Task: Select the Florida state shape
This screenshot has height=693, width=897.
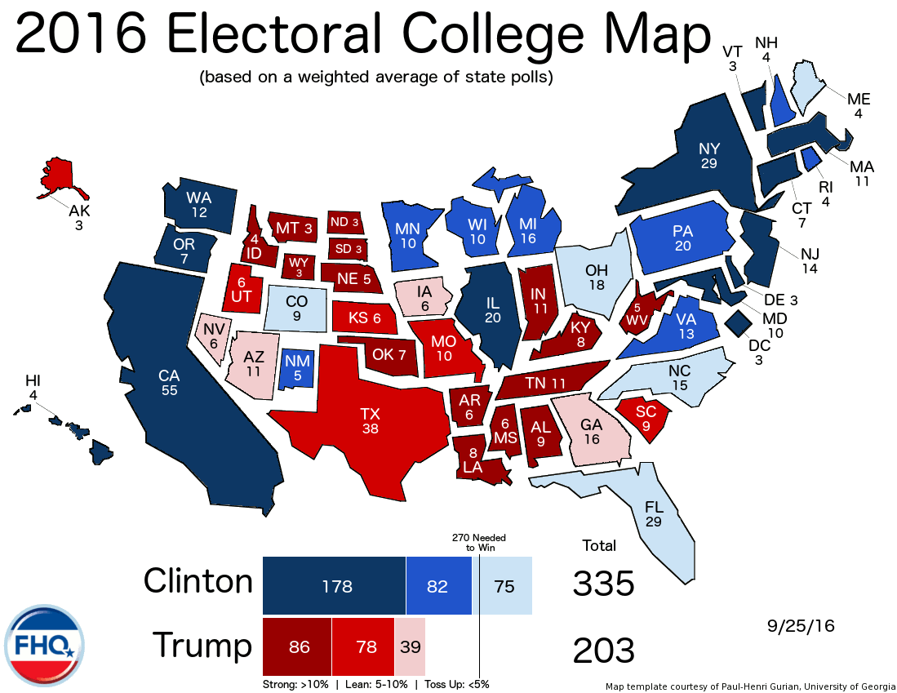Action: pos(653,514)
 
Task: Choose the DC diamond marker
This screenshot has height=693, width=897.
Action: pos(739,322)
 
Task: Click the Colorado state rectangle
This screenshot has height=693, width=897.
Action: pos(298,307)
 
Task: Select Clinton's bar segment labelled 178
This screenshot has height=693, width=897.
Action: pos(334,586)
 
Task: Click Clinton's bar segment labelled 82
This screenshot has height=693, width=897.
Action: pos(438,586)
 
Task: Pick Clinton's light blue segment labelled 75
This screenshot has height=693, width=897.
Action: pos(505,586)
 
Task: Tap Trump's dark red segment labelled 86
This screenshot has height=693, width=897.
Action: pos(297,646)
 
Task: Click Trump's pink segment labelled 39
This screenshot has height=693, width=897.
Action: pos(410,646)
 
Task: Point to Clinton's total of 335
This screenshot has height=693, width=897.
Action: pos(603,584)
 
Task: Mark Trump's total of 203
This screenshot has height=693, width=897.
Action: pos(603,651)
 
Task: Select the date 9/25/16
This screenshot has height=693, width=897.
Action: pos(801,626)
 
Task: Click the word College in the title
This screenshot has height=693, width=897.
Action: pos(490,37)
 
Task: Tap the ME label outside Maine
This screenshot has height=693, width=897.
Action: pos(859,100)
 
